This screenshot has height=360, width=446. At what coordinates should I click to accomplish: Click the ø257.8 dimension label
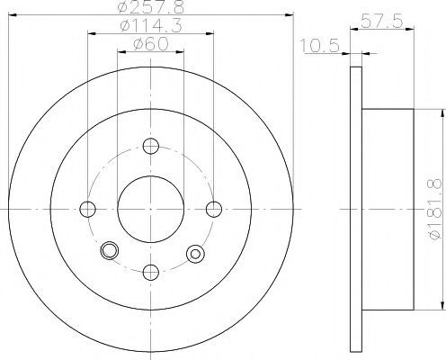(150, 6)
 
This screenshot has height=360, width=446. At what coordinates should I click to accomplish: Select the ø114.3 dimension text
(151, 26)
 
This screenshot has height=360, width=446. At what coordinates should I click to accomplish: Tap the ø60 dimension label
(151, 45)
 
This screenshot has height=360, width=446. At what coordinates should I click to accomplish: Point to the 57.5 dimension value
(381, 22)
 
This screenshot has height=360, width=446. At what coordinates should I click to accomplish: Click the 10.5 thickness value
(320, 46)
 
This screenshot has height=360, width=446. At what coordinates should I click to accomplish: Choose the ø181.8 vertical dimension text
(435, 209)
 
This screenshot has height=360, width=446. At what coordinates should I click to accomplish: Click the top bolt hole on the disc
(151, 146)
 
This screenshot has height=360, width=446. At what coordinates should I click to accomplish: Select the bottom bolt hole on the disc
(151, 272)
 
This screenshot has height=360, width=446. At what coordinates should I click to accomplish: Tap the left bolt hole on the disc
(88, 209)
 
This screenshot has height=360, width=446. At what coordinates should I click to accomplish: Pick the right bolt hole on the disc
(214, 209)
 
